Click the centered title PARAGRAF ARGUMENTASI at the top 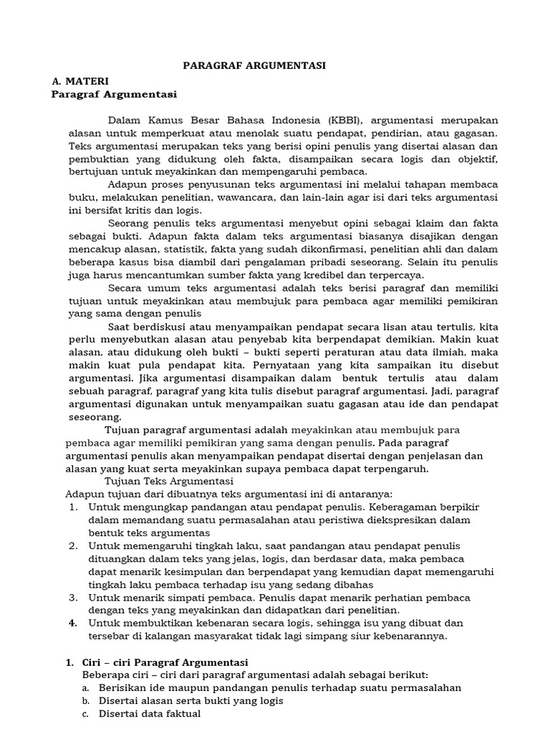pos(254,65)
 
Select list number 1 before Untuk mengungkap pos(73,507)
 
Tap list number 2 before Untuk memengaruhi pos(73,546)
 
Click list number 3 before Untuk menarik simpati pos(73,597)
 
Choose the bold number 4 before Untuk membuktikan pos(73,624)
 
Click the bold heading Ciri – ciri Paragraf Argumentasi pos(165,662)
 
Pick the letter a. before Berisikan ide pos(85,688)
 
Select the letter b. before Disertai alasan pos(85,701)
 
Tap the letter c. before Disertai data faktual pos(85,714)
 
